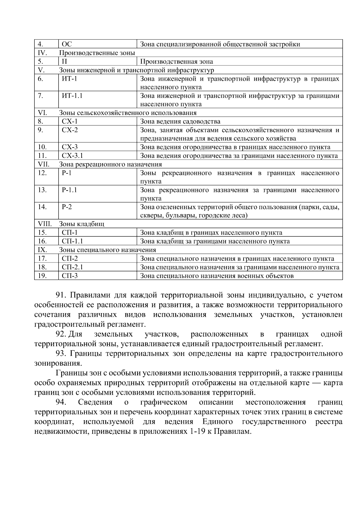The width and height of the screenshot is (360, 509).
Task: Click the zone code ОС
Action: click(67, 44)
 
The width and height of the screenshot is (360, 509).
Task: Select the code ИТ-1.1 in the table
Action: click(72, 96)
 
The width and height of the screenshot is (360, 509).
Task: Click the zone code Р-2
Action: click(67, 207)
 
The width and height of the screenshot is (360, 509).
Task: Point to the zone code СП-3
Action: click(70, 276)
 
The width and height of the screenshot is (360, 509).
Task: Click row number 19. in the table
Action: click(42, 276)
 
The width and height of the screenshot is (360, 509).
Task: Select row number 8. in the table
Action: click(40, 121)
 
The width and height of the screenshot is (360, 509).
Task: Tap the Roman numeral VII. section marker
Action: click(43, 164)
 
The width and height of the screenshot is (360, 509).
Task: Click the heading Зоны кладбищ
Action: click(82, 224)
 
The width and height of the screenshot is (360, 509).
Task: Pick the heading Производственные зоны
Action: click(97, 53)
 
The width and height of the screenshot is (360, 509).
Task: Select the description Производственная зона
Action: click(176, 62)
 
